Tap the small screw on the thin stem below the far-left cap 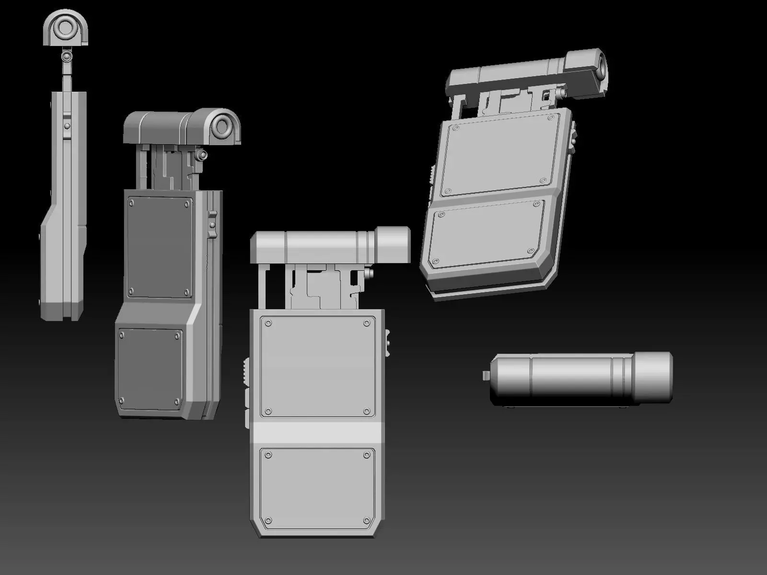click(x=66, y=57)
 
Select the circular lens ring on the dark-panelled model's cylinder click(x=222, y=127)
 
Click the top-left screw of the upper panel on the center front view click(x=268, y=323)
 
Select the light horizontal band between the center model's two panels click(x=316, y=432)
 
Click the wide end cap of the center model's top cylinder click(x=393, y=245)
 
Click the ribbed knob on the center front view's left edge click(x=244, y=372)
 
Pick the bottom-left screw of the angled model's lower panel click(x=436, y=262)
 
